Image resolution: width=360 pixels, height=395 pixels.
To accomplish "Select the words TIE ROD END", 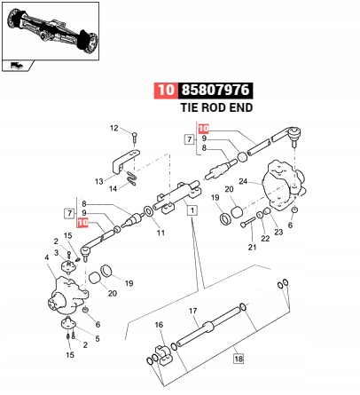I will point(216,107).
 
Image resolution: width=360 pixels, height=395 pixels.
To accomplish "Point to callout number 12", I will point(113,129).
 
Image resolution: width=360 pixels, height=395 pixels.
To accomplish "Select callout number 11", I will point(161,233).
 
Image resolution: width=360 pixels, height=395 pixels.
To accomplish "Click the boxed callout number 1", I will point(192,209).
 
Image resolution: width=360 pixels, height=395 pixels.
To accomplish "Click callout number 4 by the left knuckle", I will point(47,258).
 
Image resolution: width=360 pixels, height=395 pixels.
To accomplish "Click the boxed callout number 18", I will point(238,359).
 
